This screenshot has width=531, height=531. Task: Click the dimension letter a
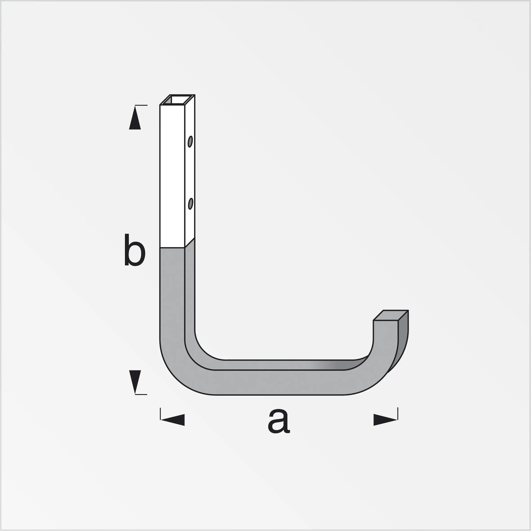coord(278,421)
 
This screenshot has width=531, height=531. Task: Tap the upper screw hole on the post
coord(190,142)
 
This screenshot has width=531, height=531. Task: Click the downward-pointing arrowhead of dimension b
coord(135,381)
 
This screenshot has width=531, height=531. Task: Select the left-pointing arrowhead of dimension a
coord(173,420)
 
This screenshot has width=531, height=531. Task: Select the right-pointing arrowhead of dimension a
coord(385,420)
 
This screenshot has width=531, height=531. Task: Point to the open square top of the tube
coord(178,100)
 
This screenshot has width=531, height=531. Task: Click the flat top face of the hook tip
coord(391,315)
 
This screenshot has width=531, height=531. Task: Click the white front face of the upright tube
coord(172,176)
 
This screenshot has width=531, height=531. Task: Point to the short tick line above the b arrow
coord(141,105)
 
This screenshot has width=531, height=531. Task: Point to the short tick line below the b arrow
coord(141,394)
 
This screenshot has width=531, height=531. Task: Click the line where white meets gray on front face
coord(172,248)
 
